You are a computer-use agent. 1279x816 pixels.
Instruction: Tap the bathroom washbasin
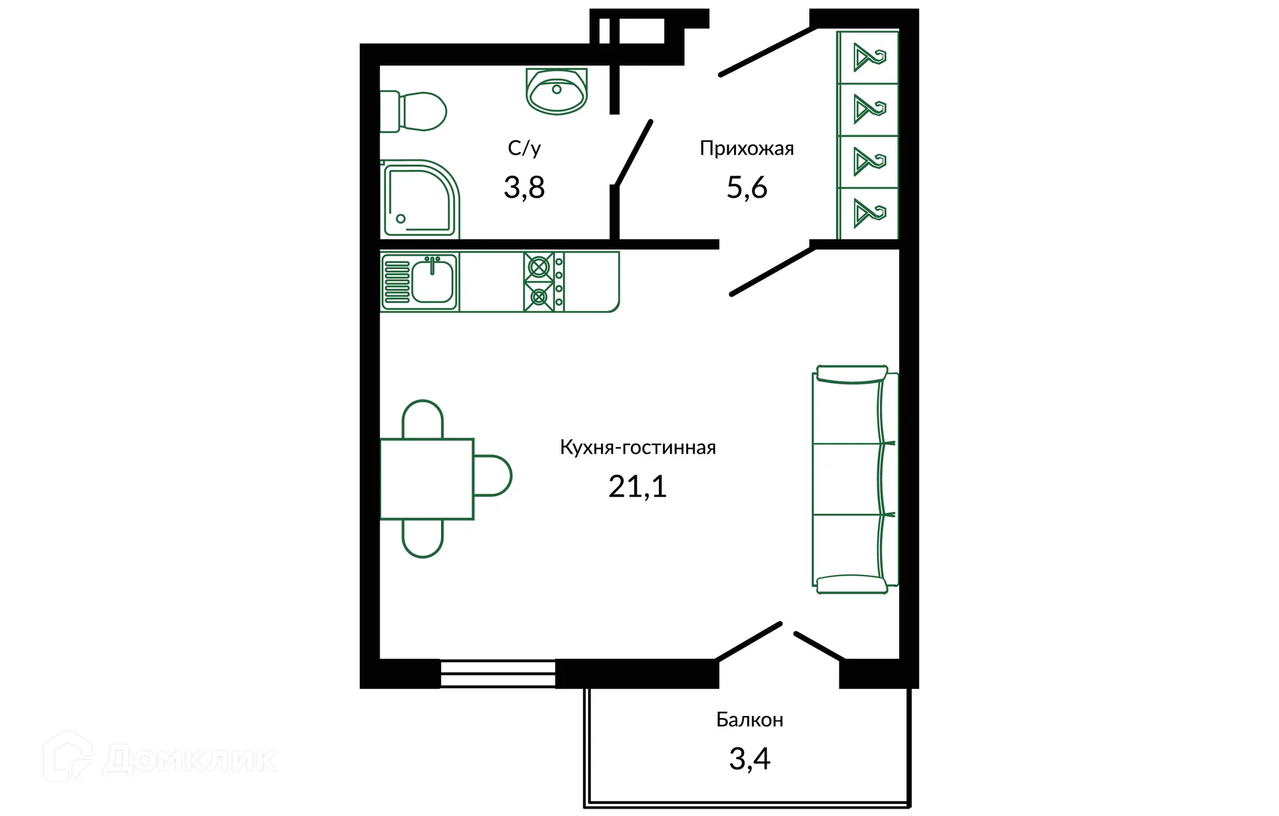pos(556,92)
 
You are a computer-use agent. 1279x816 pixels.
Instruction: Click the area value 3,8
pos(524,188)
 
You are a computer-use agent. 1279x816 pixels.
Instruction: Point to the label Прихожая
pos(746,148)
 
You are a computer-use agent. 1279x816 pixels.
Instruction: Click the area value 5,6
pos(746,188)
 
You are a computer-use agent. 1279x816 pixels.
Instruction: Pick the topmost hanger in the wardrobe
pos(869,57)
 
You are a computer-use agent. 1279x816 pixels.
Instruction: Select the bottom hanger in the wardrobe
pos(869,213)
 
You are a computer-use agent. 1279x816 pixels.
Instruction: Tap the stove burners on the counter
pos(539,282)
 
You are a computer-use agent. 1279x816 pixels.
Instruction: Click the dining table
pos(426,478)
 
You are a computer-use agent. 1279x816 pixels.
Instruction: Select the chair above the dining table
pos(422,418)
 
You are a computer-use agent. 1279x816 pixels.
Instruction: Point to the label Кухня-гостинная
pos(638,448)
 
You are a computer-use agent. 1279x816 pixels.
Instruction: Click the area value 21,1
pos(638,487)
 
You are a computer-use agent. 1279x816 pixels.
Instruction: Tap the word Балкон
pos(749,720)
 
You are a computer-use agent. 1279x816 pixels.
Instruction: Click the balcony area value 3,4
pos(749,759)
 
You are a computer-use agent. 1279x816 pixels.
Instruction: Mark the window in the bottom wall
pos(498,673)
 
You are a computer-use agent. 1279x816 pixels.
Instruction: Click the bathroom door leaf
pos(634,153)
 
